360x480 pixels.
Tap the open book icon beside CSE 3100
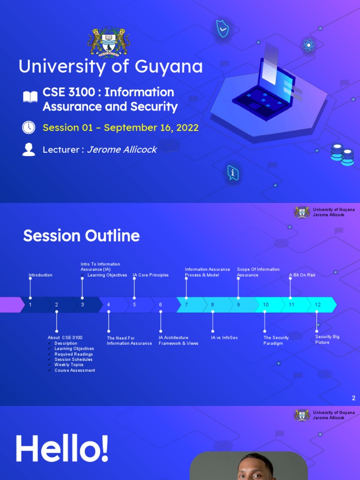point(30,97)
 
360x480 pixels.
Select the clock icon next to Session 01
point(29,127)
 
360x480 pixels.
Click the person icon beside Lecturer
point(29,150)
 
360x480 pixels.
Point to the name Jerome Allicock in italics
point(122,150)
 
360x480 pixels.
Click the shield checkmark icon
point(222,29)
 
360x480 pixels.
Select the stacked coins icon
point(343,154)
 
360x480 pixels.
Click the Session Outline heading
point(82,236)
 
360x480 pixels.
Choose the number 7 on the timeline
point(187,305)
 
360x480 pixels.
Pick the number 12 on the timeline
point(318,305)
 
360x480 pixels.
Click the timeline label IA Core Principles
point(150,275)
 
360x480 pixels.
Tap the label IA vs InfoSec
point(224,337)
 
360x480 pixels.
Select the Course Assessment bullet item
point(75,370)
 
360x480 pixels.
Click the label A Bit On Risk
point(302,275)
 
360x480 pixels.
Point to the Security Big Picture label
point(327,339)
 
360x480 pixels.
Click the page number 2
point(353,398)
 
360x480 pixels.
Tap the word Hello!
point(62,449)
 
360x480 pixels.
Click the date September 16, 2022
point(151,127)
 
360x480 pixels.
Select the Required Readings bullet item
point(74,354)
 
